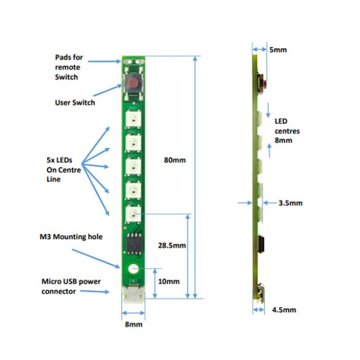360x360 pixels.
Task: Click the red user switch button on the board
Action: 133,82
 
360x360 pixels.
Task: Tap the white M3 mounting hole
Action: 133,269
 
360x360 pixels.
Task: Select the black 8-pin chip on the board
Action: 134,244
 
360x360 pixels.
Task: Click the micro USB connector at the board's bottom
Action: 133,294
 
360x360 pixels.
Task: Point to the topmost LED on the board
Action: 133,119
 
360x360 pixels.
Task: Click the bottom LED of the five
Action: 133,214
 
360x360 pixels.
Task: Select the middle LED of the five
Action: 133,166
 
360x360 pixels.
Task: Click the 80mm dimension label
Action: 175,160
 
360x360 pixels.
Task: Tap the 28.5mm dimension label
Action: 172,246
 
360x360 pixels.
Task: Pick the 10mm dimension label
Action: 169,281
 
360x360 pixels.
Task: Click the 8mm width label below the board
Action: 134,324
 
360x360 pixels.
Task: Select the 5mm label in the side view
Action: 278,50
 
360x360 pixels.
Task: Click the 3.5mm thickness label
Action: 290,203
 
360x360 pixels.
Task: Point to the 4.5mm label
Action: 284,310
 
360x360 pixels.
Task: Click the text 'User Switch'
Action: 75,102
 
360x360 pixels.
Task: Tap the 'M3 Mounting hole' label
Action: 71,236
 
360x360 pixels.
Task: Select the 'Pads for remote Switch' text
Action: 69,67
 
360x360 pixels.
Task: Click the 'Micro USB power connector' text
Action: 71,286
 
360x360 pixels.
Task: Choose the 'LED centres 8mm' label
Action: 287,130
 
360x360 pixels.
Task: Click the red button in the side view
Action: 265,84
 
